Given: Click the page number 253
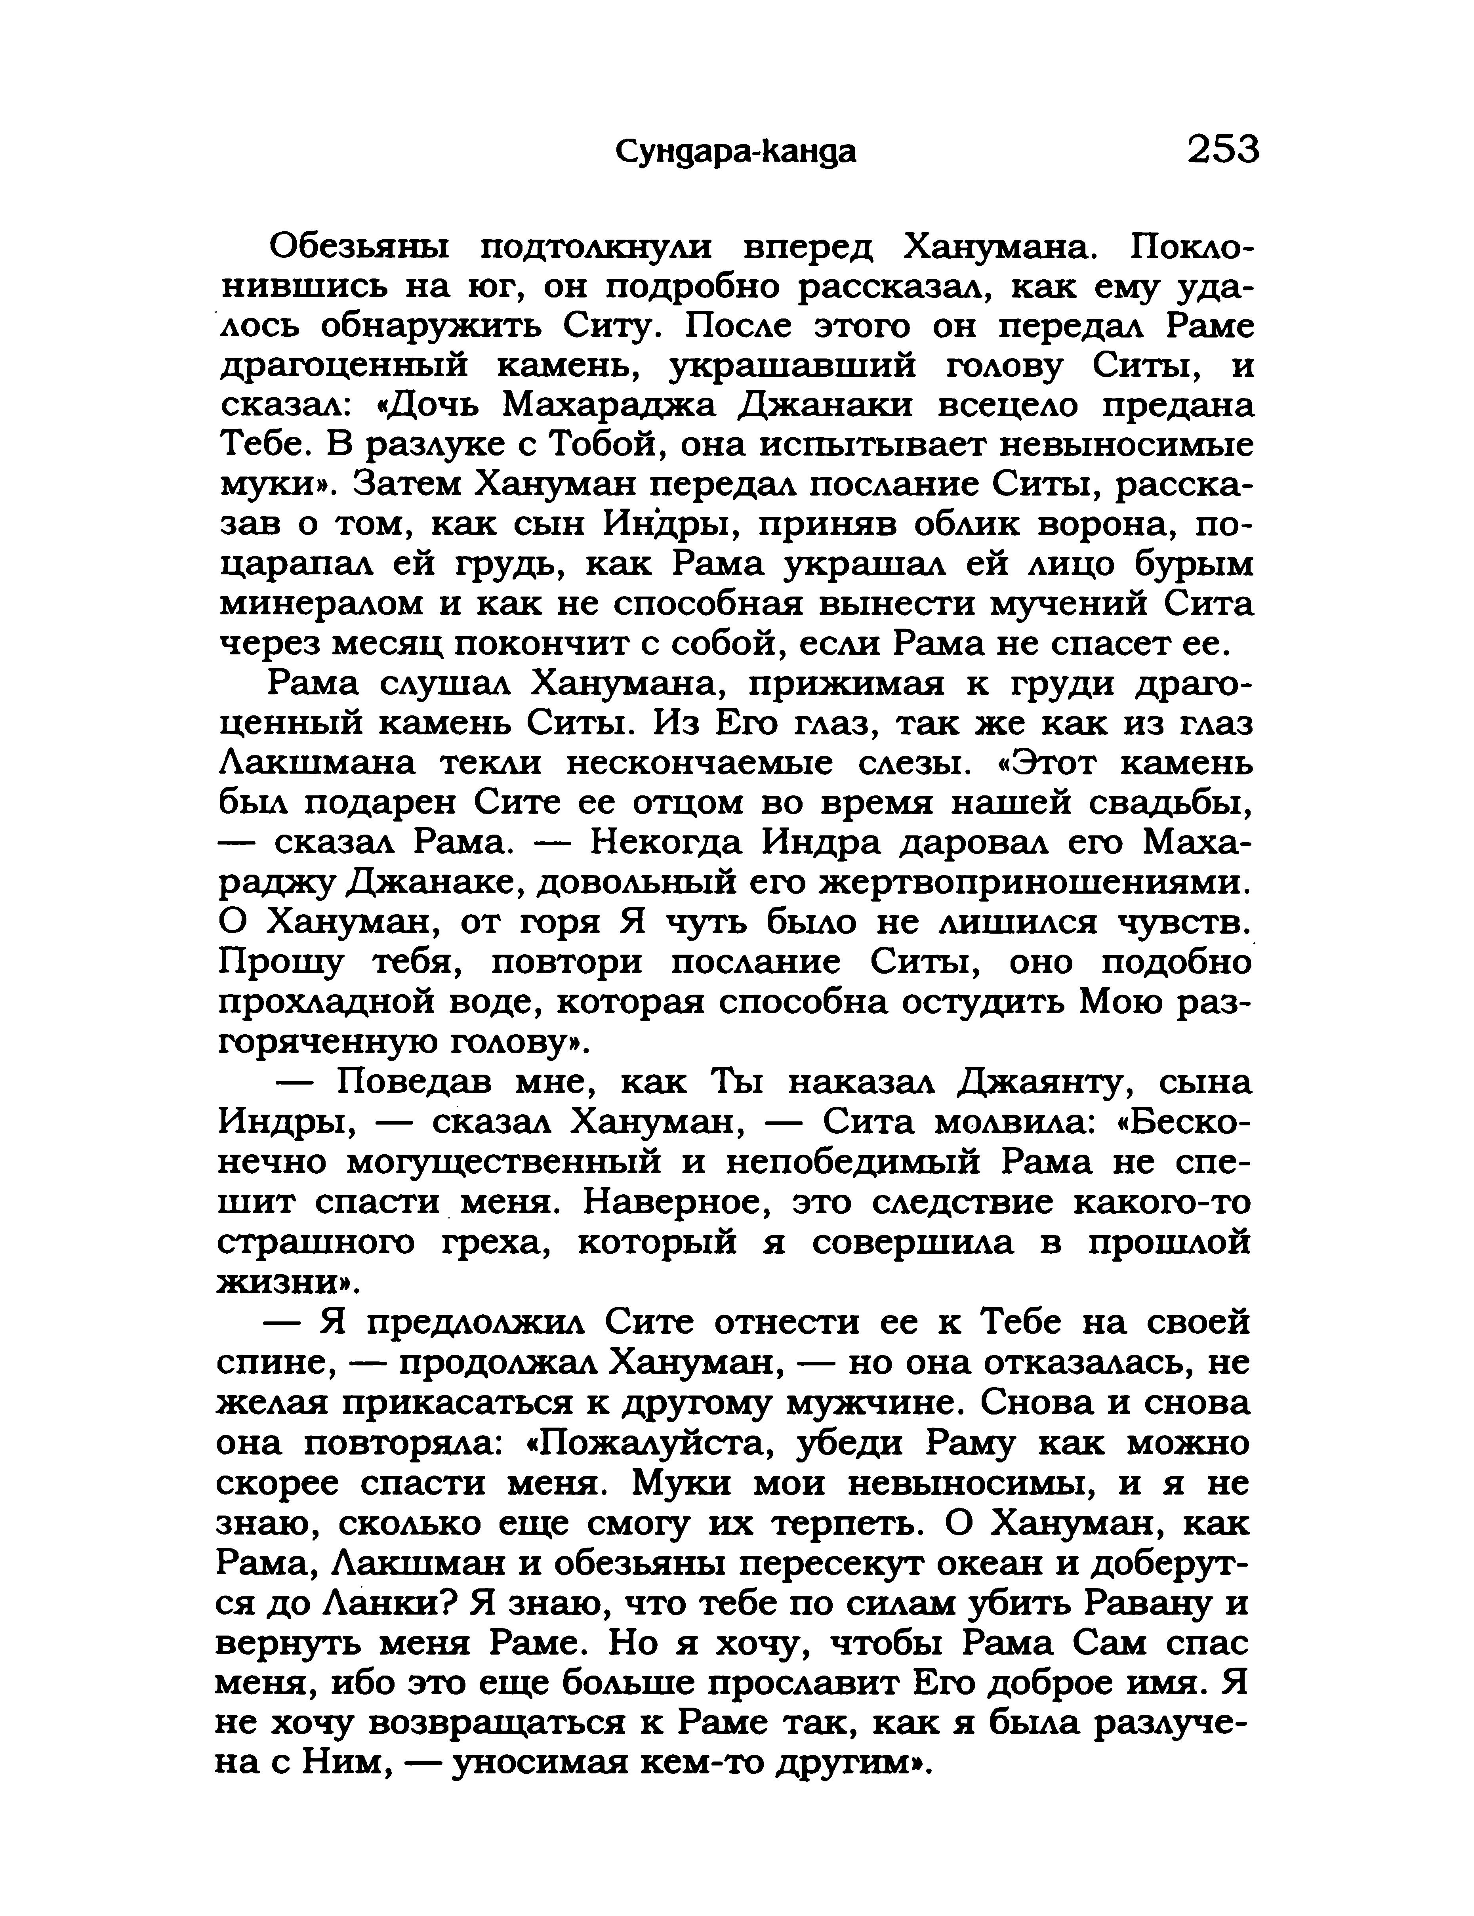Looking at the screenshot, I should [x=1222, y=150].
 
